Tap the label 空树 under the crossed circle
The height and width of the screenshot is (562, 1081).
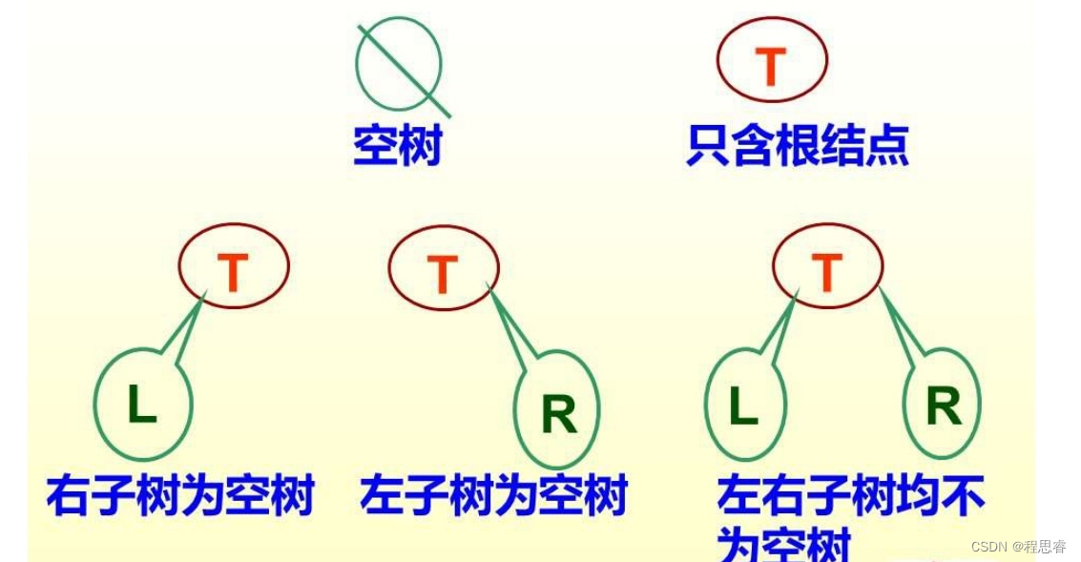point(398,147)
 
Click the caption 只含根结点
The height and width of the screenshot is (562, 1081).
point(797,147)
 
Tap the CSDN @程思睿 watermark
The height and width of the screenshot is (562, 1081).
point(1018,547)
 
